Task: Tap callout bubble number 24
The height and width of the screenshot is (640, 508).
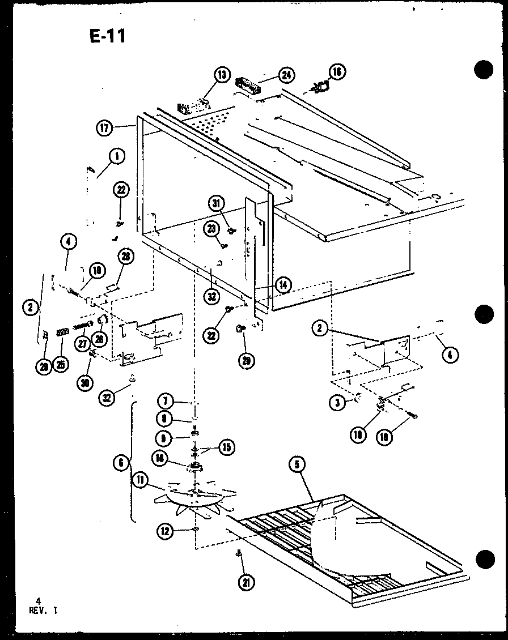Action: click(x=287, y=74)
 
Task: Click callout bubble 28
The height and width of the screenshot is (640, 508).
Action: click(x=125, y=256)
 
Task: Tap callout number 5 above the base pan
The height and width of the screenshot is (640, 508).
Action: click(x=297, y=466)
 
